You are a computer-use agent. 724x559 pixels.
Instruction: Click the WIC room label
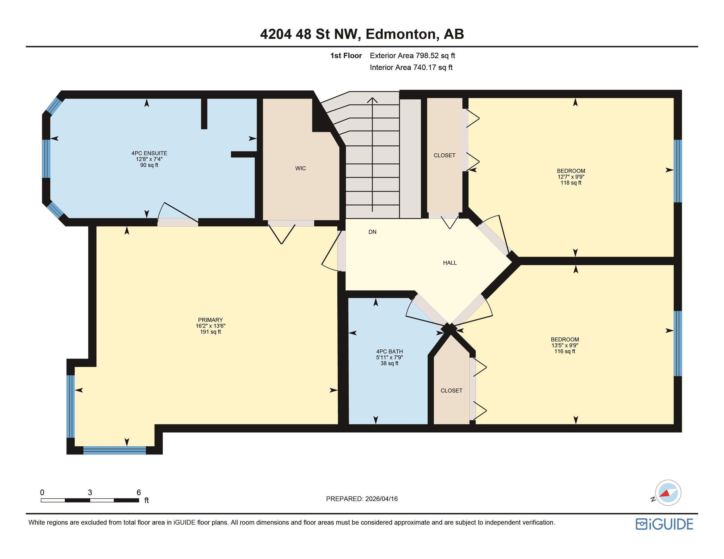pyautogui.click(x=300, y=168)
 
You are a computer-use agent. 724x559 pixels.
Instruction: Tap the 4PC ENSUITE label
pyautogui.click(x=149, y=153)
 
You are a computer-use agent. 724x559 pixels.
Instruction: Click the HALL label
pyautogui.click(x=450, y=263)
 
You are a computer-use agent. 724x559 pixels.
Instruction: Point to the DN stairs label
pyautogui.click(x=372, y=232)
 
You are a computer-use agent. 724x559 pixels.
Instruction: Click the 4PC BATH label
pyautogui.click(x=390, y=351)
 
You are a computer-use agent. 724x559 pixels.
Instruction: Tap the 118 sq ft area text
pyautogui.click(x=571, y=183)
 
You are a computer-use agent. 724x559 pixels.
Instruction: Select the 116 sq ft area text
pyautogui.click(x=565, y=351)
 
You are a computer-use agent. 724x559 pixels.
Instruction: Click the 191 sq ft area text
pyautogui.click(x=211, y=332)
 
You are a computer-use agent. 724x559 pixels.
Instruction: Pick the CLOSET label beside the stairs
pyautogui.click(x=444, y=155)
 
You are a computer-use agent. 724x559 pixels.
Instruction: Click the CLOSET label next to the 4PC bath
pyautogui.click(x=451, y=391)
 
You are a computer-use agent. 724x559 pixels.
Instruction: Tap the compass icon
pyautogui.click(x=668, y=493)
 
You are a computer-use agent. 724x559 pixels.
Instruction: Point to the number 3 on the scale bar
pyautogui.click(x=90, y=493)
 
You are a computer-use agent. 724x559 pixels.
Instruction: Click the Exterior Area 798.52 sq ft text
pyautogui.click(x=412, y=56)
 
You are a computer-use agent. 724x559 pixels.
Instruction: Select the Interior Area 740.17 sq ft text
pyautogui.click(x=411, y=67)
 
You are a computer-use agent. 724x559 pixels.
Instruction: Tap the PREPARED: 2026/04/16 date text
pyautogui.click(x=362, y=499)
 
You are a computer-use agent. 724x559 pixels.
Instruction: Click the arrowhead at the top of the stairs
pyautogui.click(x=372, y=100)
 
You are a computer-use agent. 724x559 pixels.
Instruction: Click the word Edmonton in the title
pyautogui.click(x=400, y=34)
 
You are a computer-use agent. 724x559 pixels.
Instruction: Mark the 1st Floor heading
pyautogui.click(x=346, y=56)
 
